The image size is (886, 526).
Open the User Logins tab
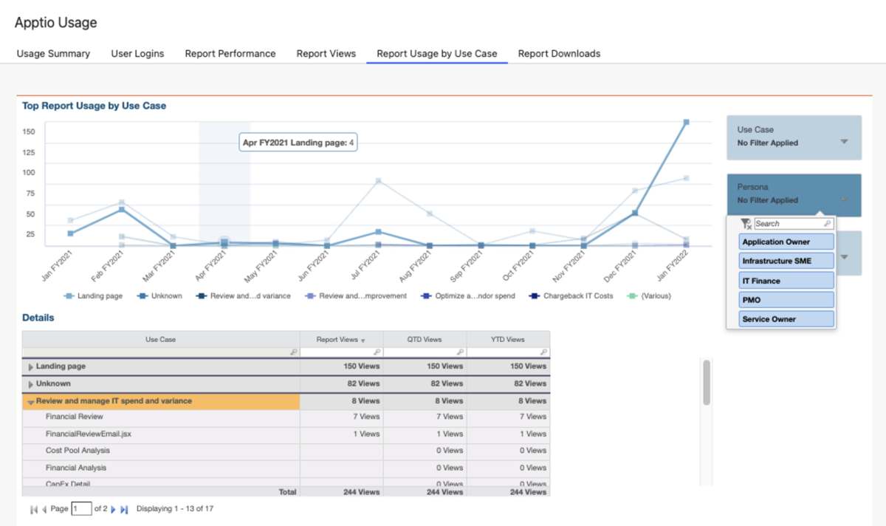tap(137, 53)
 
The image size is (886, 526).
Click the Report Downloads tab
tap(559, 53)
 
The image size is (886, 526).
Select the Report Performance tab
tap(230, 53)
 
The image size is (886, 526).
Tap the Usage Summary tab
tap(53, 53)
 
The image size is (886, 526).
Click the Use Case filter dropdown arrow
tap(844, 141)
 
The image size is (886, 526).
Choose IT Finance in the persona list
tap(786, 281)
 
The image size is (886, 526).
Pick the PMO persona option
tap(786, 300)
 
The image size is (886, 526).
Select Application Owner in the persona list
tap(786, 242)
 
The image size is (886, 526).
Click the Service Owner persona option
tap(786, 319)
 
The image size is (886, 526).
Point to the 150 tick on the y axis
tap(29, 132)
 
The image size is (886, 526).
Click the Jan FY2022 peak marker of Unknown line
tap(686, 123)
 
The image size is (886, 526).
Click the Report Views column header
tap(337, 340)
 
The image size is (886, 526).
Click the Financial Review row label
tap(75, 417)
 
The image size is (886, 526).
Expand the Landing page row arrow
tap(30, 366)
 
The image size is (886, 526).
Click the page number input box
tap(81, 508)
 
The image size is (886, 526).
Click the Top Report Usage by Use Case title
tap(94, 106)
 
